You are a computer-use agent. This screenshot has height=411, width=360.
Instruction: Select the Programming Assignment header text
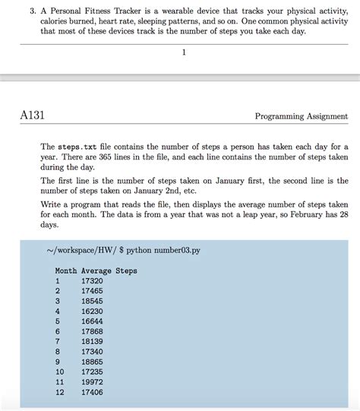301,116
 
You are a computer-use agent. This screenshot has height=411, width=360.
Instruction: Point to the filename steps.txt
81,145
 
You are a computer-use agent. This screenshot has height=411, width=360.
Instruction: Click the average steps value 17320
92,281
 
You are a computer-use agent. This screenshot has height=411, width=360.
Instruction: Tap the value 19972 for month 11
92,382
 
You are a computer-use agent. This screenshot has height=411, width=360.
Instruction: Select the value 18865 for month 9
92,362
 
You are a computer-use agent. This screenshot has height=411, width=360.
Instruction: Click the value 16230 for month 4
92,311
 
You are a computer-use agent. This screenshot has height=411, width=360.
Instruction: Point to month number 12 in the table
60,392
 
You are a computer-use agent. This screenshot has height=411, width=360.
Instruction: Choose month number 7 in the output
58,342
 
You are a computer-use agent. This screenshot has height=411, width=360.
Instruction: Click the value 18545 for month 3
92,301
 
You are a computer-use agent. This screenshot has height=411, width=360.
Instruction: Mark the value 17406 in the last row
92,392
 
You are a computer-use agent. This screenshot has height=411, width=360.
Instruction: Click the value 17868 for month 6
92,331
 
